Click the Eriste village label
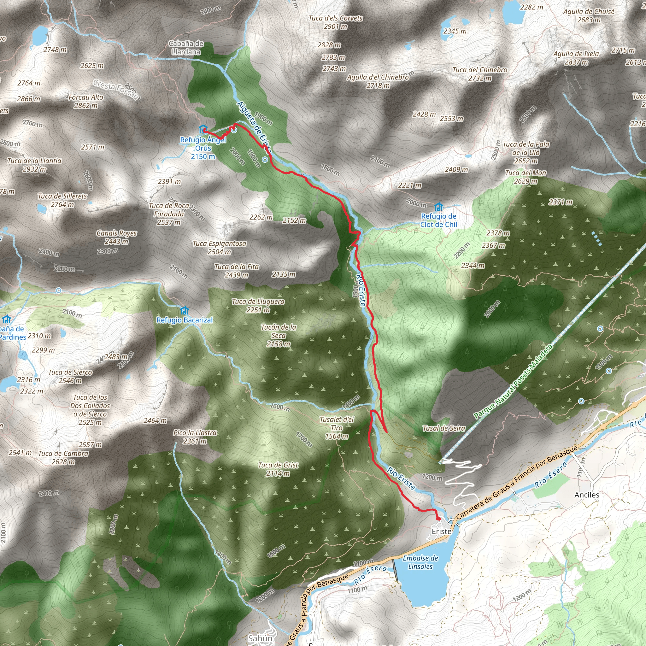coord(441,531)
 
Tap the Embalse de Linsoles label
coord(420,562)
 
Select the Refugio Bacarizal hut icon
coord(184,310)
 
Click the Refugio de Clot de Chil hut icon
coord(439,207)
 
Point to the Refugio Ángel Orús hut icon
coord(203,129)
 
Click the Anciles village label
coord(587,495)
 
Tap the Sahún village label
coord(260,639)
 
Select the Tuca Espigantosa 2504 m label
coord(219,248)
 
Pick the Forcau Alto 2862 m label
coord(86,101)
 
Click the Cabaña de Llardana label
coord(186,48)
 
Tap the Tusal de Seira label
coord(444,428)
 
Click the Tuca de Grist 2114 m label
coord(278,469)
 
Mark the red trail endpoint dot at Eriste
coord(438,519)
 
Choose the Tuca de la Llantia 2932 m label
coord(34,165)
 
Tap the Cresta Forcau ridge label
coord(116,89)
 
